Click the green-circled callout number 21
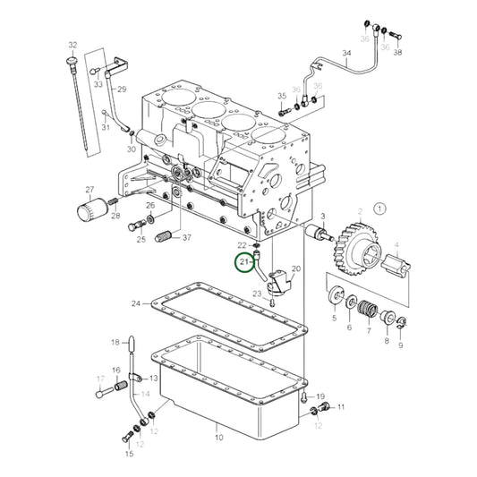243,262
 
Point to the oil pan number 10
218,438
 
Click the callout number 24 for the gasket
135,302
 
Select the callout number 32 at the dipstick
72,44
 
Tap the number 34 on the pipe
347,54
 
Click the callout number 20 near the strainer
296,268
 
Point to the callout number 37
186,238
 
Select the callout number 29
122,89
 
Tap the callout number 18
115,342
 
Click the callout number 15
129,455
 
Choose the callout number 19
320,396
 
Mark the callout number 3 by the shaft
322,217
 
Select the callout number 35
282,97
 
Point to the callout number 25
141,239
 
